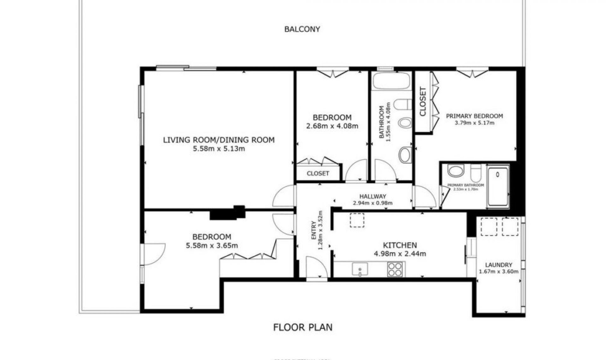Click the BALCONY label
coord(302,29)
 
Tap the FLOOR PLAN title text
coord(303,327)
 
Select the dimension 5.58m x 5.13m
coord(219,149)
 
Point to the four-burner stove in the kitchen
coord(395,269)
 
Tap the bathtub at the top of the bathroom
coord(392,81)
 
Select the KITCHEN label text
coord(400,245)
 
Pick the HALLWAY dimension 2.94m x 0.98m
coord(372,203)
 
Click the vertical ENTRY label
coord(314,230)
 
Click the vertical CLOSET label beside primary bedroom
coord(423,102)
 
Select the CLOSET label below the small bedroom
coord(318,173)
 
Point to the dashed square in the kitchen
coord(357,220)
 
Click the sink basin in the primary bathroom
coord(455,171)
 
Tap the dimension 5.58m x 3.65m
coord(212,246)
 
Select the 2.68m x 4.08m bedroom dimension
coord(332,126)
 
